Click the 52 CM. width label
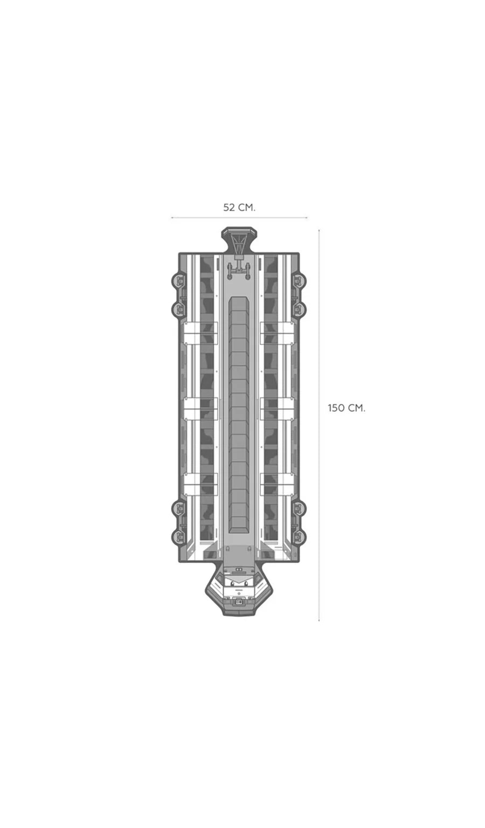(x=239, y=208)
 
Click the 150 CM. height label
(x=347, y=408)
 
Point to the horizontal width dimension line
(x=239, y=218)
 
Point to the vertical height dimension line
(x=319, y=425)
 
